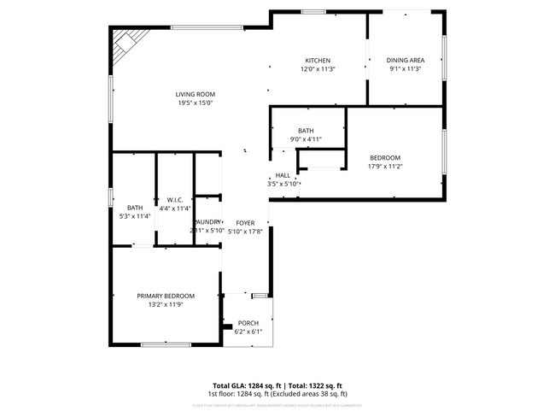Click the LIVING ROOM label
click(196, 94)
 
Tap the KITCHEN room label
click(318, 60)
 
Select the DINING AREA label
click(405, 60)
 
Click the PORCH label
click(248, 323)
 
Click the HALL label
click(283, 175)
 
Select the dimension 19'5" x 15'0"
click(195, 103)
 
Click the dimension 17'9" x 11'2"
click(384, 167)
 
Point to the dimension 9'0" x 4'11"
click(306, 139)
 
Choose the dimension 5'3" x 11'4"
click(135, 216)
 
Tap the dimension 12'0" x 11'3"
click(318, 68)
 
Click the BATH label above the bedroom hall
click(306, 131)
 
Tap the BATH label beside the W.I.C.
click(135, 208)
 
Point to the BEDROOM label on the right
click(384, 159)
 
